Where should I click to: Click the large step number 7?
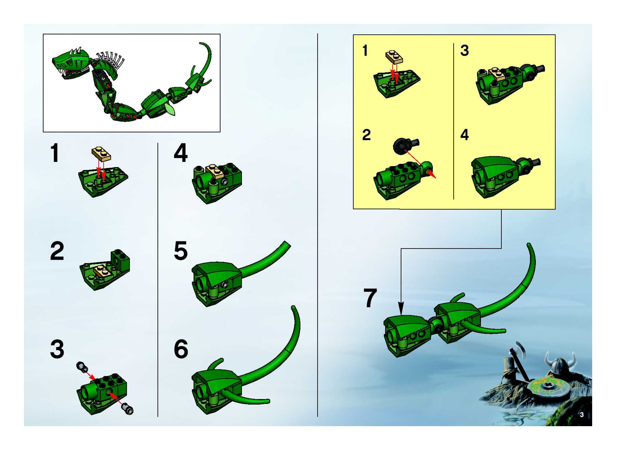[370, 298]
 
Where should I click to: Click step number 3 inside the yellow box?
[465, 50]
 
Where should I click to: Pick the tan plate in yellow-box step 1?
[394, 57]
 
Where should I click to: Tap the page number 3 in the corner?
[582, 415]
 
